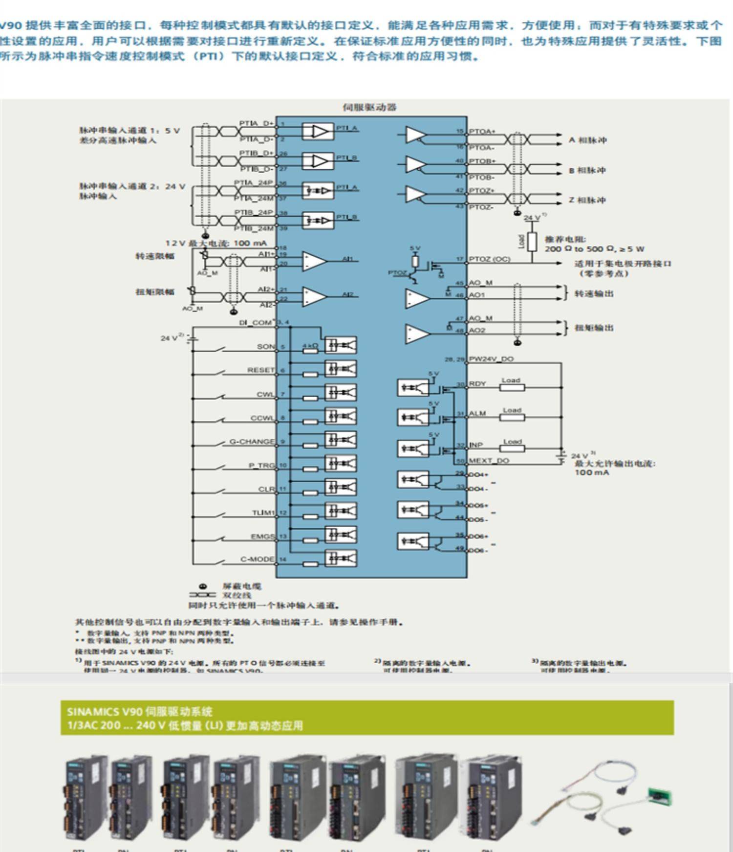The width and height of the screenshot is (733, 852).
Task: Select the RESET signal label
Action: [x=261, y=370]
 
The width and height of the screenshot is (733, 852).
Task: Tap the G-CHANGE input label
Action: [x=252, y=442]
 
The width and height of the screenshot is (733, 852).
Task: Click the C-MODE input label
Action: [x=257, y=560]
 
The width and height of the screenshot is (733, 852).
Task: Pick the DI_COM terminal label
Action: [x=255, y=323]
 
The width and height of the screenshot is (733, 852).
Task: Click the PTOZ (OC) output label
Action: [x=489, y=259]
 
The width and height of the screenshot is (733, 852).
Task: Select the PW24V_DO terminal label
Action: [x=491, y=359]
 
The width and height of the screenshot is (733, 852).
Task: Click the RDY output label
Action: [x=477, y=384]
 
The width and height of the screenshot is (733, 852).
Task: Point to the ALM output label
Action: [x=477, y=414]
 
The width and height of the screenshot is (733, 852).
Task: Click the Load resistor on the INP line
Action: [x=512, y=448]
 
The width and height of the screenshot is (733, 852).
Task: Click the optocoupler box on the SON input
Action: [x=341, y=345]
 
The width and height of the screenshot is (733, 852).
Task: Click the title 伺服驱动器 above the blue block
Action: [x=369, y=107]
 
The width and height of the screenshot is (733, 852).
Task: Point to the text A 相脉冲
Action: [x=587, y=140]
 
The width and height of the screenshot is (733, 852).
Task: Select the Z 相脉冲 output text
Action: [x=587, y=200]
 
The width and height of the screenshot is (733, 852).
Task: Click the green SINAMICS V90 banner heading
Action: [x=367, y=718]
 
